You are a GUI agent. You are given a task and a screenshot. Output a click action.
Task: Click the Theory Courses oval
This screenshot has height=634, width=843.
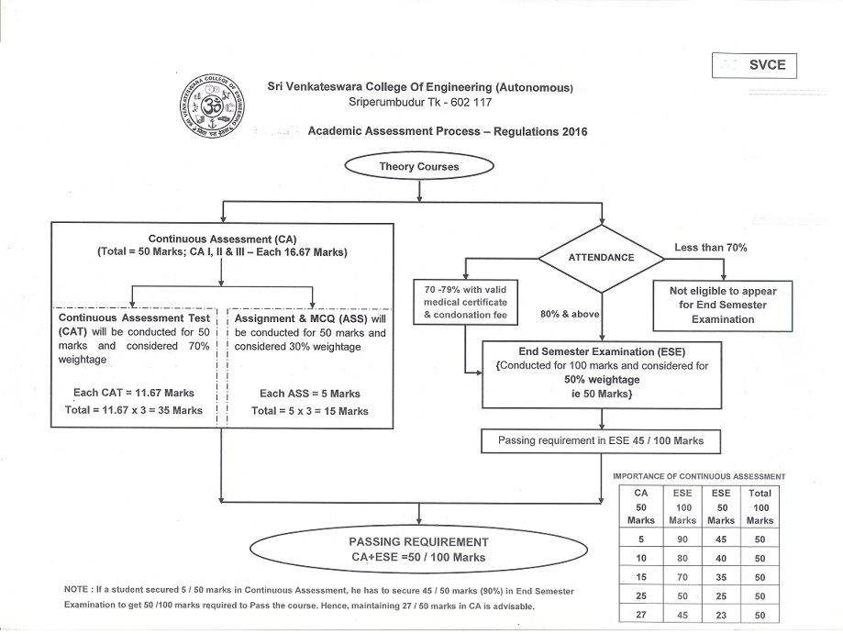[x=419, y=166]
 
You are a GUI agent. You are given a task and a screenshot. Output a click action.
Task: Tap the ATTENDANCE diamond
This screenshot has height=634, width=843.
[x=602, y=258]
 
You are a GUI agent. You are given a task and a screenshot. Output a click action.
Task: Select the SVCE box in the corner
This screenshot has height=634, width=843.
[x=754, y=65]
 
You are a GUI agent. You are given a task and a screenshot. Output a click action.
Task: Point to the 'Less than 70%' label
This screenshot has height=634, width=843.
[x=711, y=248]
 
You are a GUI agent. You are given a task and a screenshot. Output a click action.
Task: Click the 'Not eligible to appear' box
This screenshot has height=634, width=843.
[x=723, y=306]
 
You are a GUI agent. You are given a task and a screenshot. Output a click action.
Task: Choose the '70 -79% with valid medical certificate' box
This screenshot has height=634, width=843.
[x=466, y=302]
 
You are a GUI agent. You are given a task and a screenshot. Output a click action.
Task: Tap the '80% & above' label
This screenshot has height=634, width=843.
[x=570, y=314]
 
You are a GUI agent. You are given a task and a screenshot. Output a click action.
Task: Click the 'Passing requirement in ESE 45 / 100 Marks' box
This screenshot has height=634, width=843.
[x=601, y=441]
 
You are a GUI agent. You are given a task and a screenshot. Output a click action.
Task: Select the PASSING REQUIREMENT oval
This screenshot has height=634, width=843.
[x=419, y=550]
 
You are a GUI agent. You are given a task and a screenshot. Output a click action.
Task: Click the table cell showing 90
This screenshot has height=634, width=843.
[x=682, y=539]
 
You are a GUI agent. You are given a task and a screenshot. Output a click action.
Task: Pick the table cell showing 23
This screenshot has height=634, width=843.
[x=721, y=615]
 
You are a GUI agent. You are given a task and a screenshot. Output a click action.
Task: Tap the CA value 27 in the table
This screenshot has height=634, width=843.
[x=641, y=615]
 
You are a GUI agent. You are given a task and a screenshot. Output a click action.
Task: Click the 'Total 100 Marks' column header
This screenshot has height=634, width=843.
[x=760, y=506]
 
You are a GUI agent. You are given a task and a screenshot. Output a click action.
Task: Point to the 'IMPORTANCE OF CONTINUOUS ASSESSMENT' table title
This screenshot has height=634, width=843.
[x=699, y=476]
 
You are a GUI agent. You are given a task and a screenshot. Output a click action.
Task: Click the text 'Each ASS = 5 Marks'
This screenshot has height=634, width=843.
[x=310, y=394]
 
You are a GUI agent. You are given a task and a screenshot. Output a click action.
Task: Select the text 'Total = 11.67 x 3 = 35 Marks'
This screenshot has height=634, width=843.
[x=134, y=410]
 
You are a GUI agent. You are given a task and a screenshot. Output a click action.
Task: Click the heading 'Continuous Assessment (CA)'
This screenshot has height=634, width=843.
[x=222, y=239]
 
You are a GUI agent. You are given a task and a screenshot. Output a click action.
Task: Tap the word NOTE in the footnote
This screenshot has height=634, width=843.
[x=76, y=589]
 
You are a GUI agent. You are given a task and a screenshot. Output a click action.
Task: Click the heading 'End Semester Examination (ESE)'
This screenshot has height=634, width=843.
[x=602, y=351]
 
